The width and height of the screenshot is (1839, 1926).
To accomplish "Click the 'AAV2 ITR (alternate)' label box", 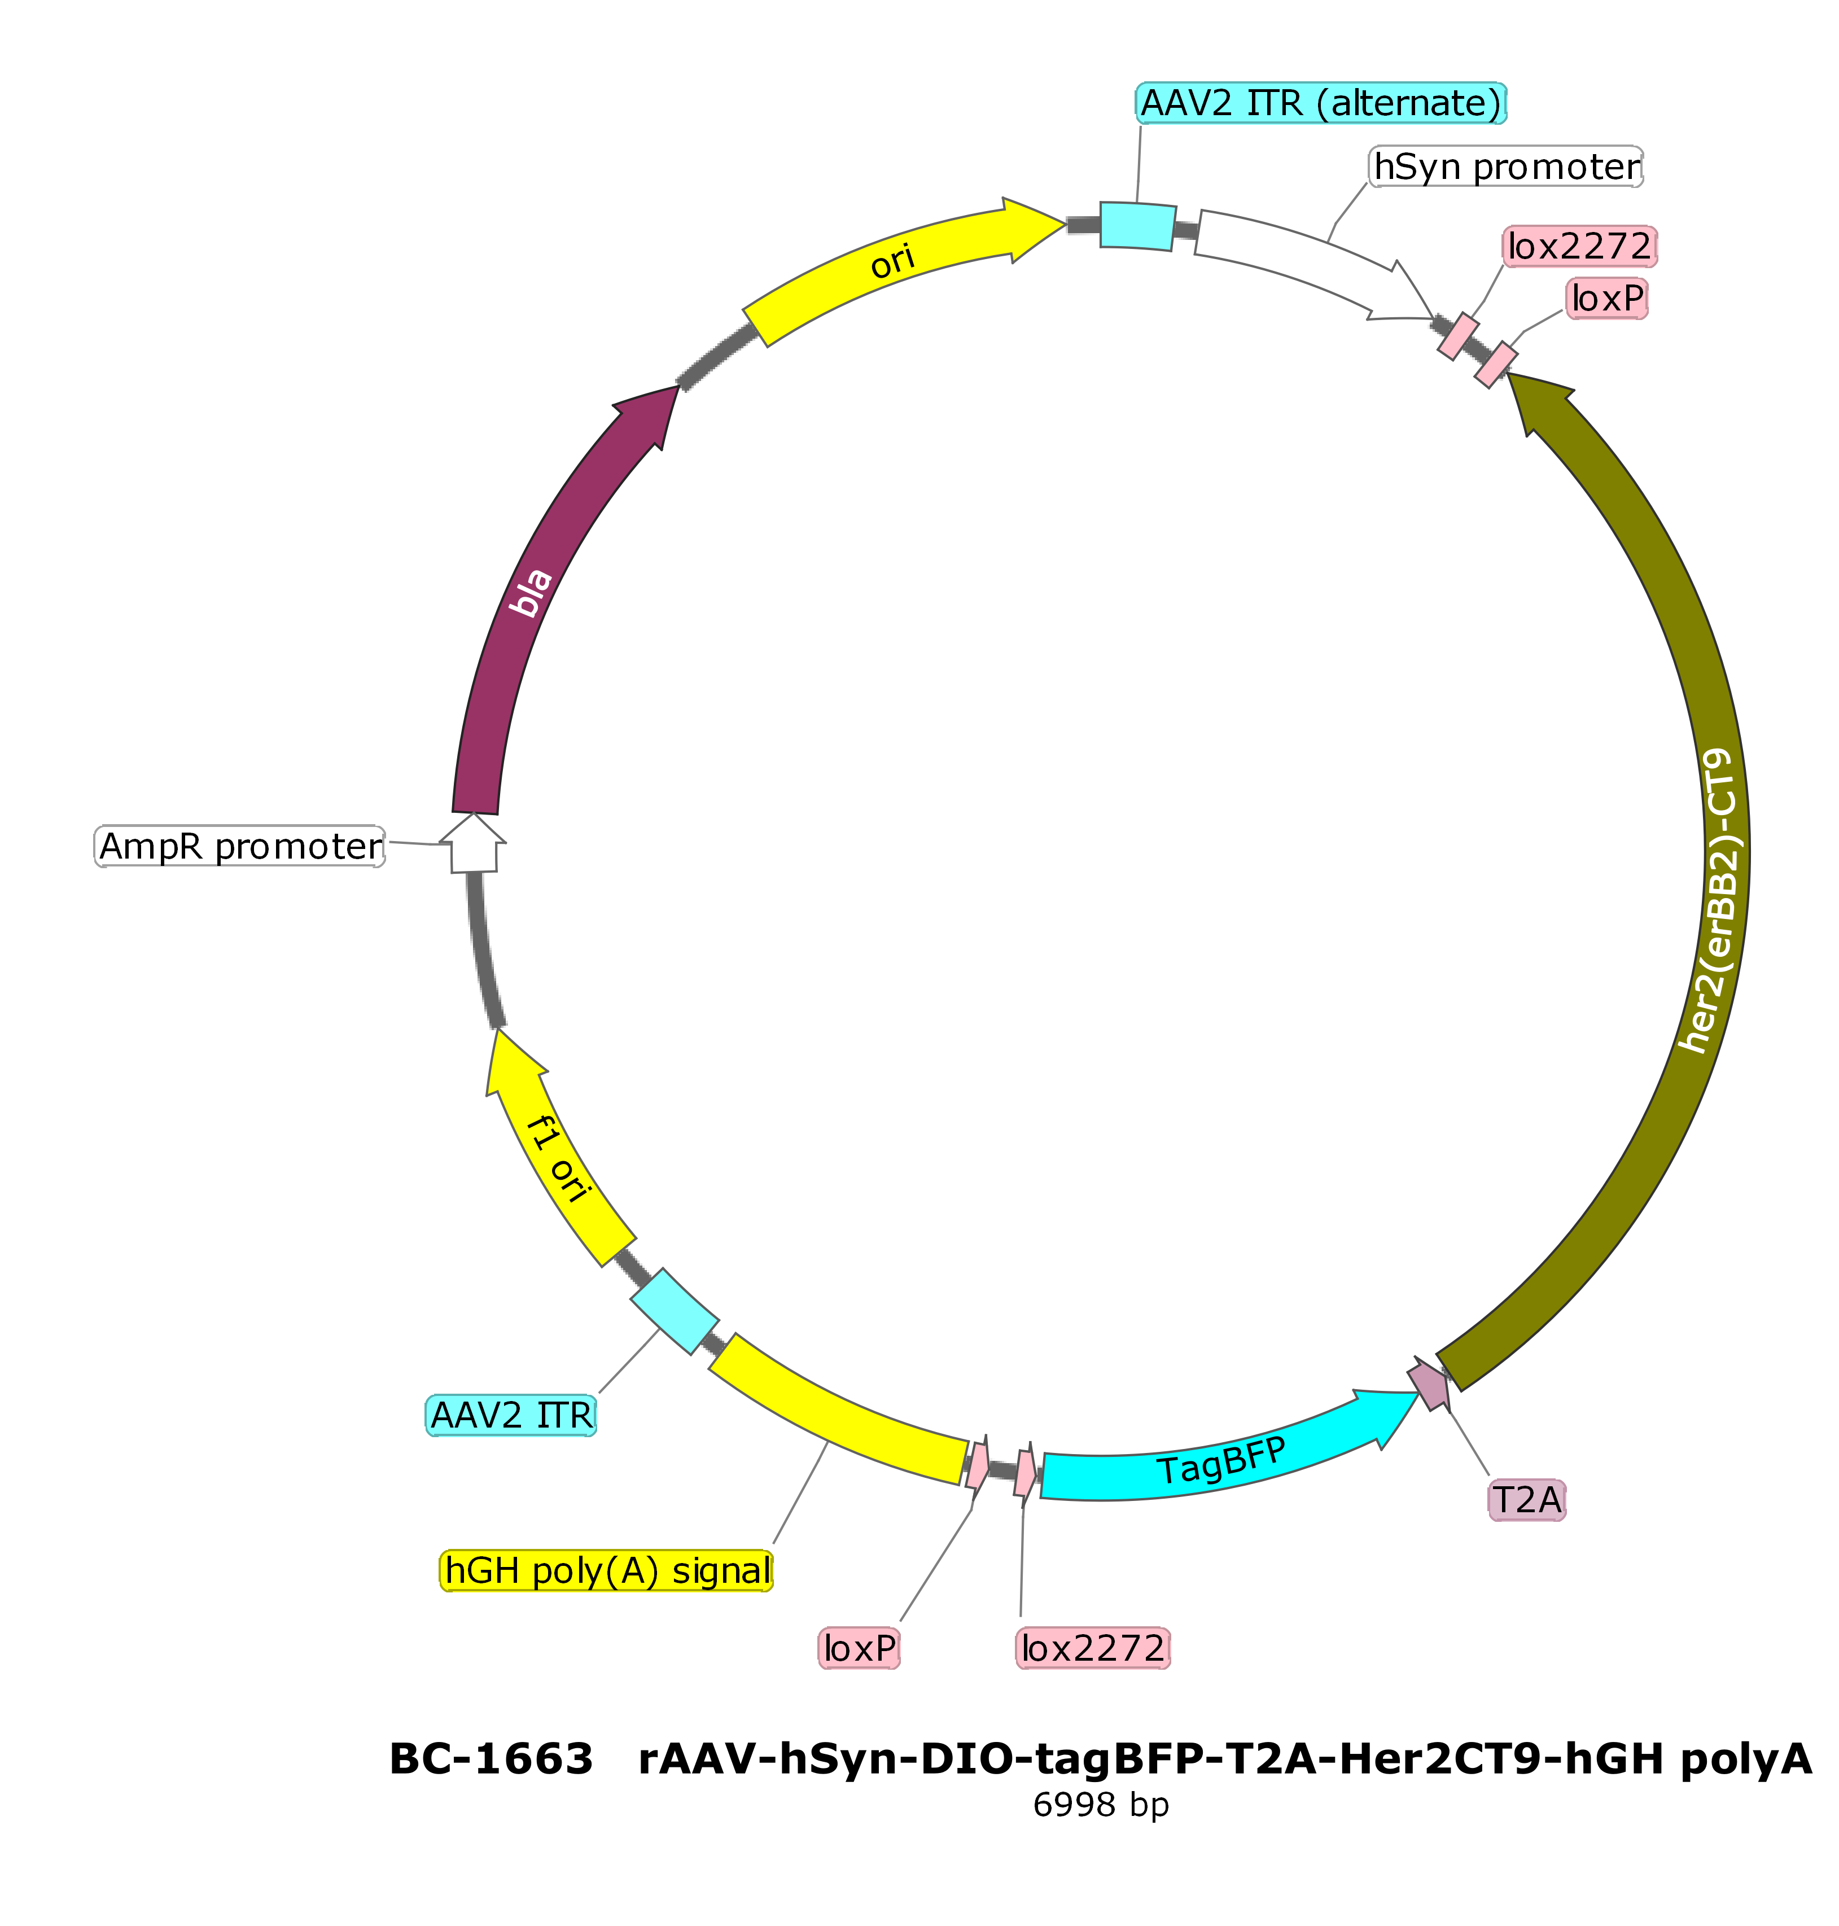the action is coord(1320,103).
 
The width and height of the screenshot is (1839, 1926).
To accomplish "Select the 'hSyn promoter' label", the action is coord(1506,167).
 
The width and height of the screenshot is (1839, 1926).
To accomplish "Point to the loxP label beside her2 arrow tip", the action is coord(1608,298).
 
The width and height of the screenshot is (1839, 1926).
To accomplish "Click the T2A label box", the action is coord(1526,1500).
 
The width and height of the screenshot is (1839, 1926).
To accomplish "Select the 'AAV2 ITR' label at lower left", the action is coord(511,1415).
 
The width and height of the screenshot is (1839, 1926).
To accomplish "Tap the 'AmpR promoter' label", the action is coord(240,846).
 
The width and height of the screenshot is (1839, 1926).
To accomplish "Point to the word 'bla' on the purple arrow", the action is coord(532,593).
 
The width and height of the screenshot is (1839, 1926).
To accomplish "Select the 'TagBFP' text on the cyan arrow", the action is coord(1220,1461).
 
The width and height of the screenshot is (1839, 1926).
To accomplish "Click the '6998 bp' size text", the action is coord(1101,1805).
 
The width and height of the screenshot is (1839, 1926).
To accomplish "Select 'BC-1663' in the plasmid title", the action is coord(491,1759).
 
